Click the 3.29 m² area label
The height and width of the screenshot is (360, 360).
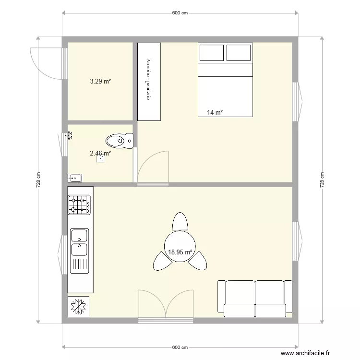(x=100, y=82)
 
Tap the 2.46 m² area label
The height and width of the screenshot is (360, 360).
(x=100, y=154)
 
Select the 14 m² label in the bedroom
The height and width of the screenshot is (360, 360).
(x=215, y=113)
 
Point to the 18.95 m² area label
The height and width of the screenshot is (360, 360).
(x=180, y=252)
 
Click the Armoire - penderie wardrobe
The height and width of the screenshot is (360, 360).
(x=149, y=82)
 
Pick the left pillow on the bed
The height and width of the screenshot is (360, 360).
(x=212, y=53)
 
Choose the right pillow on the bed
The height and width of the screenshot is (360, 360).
(x=239, y=53)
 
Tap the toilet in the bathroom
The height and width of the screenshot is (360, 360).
(x=119, y=141)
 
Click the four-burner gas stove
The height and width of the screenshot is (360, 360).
(x=80, y=204)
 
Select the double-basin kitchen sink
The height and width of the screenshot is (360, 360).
(x=80, y=242)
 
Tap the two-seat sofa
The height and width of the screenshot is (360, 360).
(x=255, y=298)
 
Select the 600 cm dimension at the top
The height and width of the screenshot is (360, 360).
(x=180, y=13)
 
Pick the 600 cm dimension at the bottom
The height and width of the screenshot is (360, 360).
(x=180, y=347)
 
